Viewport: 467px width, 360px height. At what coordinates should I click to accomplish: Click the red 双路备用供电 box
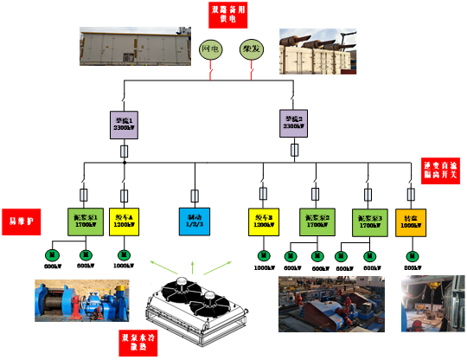227,14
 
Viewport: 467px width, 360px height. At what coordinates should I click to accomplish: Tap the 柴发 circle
251,49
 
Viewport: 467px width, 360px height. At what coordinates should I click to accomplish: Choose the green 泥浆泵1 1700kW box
85,222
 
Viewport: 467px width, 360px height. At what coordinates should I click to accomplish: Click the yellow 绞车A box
124,222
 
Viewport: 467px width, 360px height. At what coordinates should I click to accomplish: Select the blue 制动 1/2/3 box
194,222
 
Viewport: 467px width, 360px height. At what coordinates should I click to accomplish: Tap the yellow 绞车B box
263,222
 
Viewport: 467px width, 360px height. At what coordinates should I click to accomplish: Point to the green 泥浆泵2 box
315,222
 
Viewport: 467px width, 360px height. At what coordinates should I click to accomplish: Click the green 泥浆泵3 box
368,222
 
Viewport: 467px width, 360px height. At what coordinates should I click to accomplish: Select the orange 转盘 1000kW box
411,222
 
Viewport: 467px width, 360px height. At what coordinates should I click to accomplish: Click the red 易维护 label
21,221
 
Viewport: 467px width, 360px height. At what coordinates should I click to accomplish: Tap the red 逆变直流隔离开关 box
442,170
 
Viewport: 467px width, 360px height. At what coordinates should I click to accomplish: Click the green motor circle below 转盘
412,255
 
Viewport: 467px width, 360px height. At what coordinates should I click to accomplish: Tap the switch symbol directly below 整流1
125,152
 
